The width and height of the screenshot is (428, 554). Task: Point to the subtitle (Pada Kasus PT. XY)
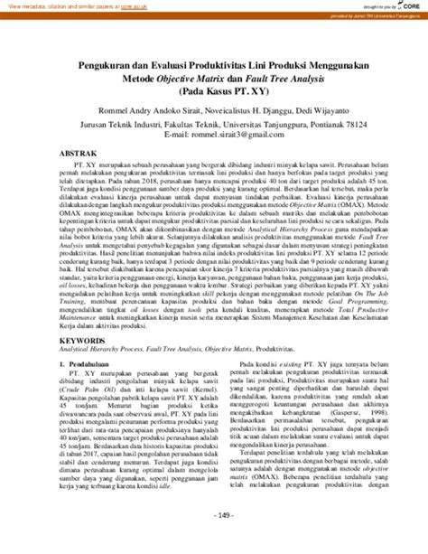click(x=213, y=93)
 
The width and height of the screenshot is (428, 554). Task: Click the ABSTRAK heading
click(x=79, y=156)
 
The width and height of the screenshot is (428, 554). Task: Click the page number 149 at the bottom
click(x=213, y=539)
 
